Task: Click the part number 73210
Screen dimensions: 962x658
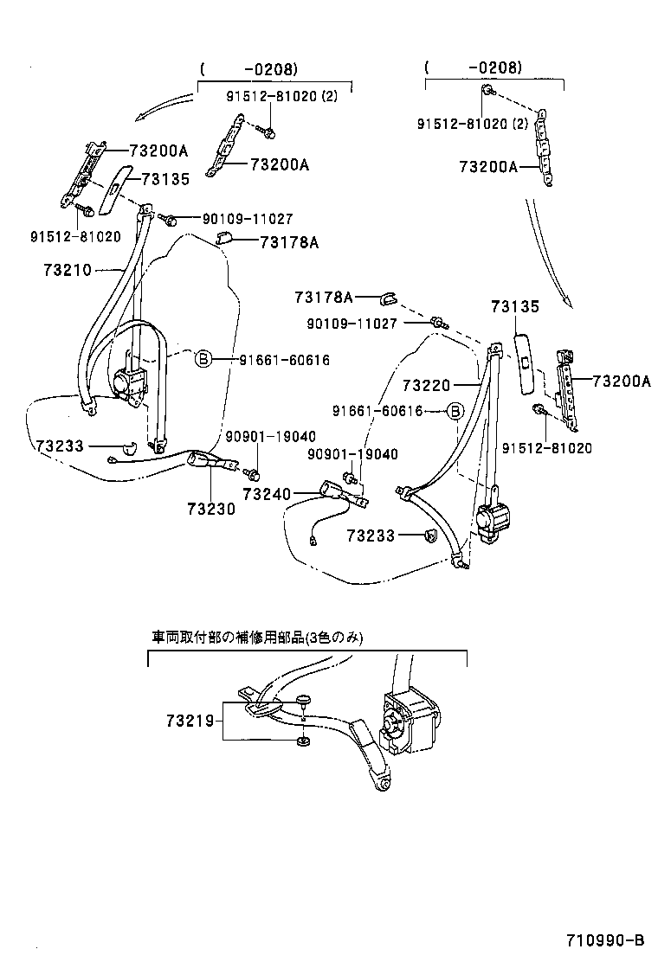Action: pyautogui.click(x=67, y=271)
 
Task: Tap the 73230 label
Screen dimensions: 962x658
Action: pyautogui.click(x=210, y=510)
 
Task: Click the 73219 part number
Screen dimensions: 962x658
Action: pyautogui.click(x=191, y=720)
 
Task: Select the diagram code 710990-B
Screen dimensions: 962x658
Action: pyautogui.click(x=605, y=940)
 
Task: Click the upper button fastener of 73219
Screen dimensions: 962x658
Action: pyautogui.click(x=303, y=702)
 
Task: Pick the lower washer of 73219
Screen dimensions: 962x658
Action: pyautogui.click(x=303, y=741)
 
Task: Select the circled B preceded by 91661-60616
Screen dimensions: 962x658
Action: pyautogui.click(x=455, y=411)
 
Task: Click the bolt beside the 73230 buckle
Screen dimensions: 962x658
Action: pyautogui.click(x=254, y=473)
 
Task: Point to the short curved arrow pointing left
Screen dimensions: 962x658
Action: pyautogui.click(x=164, y=108)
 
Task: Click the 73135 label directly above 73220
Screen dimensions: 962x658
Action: pyautogui.click(x=515, y=306)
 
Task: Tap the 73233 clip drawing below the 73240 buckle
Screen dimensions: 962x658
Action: pyautogui.click(x=428, y=537)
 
